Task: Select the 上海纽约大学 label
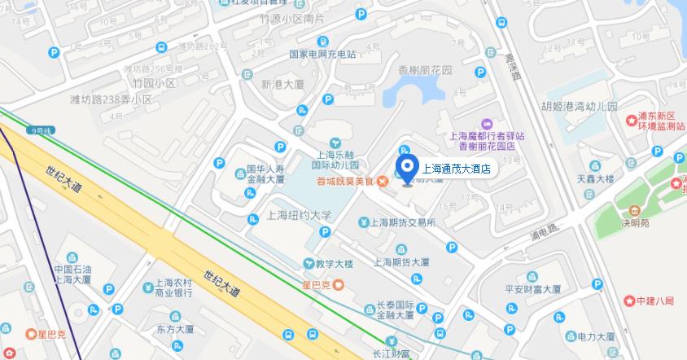300,216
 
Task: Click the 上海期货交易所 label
404,222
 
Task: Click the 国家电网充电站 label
323,55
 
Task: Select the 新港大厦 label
282,84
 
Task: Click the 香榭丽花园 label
425,70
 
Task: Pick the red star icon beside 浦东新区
631,121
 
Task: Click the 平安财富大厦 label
533,289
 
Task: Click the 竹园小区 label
155,83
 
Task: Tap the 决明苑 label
635,222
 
